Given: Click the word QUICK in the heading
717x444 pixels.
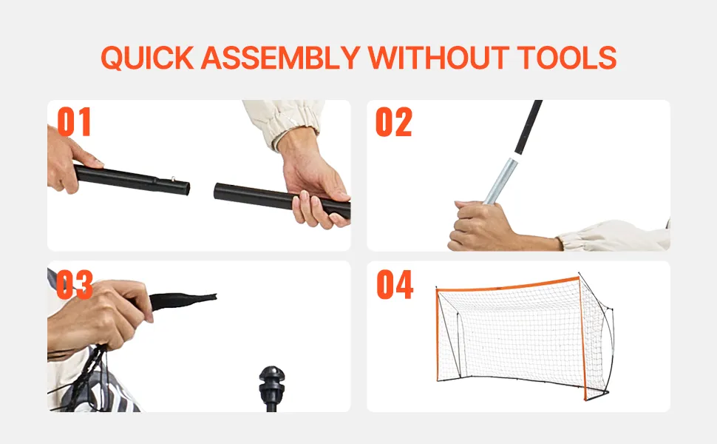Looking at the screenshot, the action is tap(147, 58).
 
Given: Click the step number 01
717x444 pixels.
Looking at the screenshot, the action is tap(74, 122).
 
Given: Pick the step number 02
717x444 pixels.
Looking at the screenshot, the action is tap(394, 122).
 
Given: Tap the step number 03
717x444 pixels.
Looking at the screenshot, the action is tap(75, 284).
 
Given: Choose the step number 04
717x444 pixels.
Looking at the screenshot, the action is tap(395, 284).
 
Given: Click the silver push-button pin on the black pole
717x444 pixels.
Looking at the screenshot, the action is tap(173, 179).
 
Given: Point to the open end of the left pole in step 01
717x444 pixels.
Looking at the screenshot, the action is tap(186, 188).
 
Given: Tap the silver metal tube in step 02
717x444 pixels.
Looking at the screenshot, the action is tap(500, 181).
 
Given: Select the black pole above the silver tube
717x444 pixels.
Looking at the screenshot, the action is tap(529, 127).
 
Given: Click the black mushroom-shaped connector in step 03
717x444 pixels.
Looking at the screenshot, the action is tap(272, 382).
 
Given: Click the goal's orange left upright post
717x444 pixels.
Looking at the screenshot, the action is tap(438, 334).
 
